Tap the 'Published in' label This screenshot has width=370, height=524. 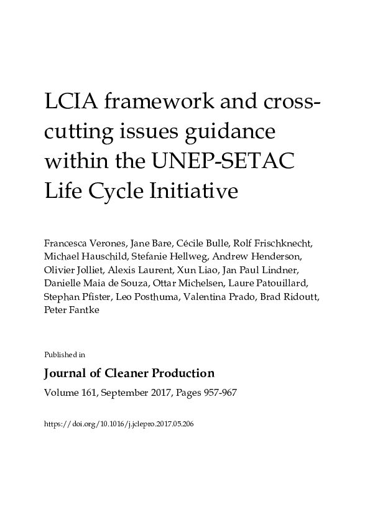(x=65, y=355)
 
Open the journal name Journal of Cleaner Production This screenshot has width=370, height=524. (x=129, y=373)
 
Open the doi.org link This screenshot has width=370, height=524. (x=119, y=422)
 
